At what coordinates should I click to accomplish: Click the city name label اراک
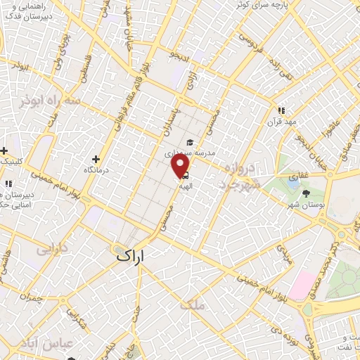coord(131,257)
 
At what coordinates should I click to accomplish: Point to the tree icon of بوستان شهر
coord(305,192)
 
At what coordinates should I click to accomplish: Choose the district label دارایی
coord(54,249)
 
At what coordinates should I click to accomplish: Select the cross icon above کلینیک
coord(4,151)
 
